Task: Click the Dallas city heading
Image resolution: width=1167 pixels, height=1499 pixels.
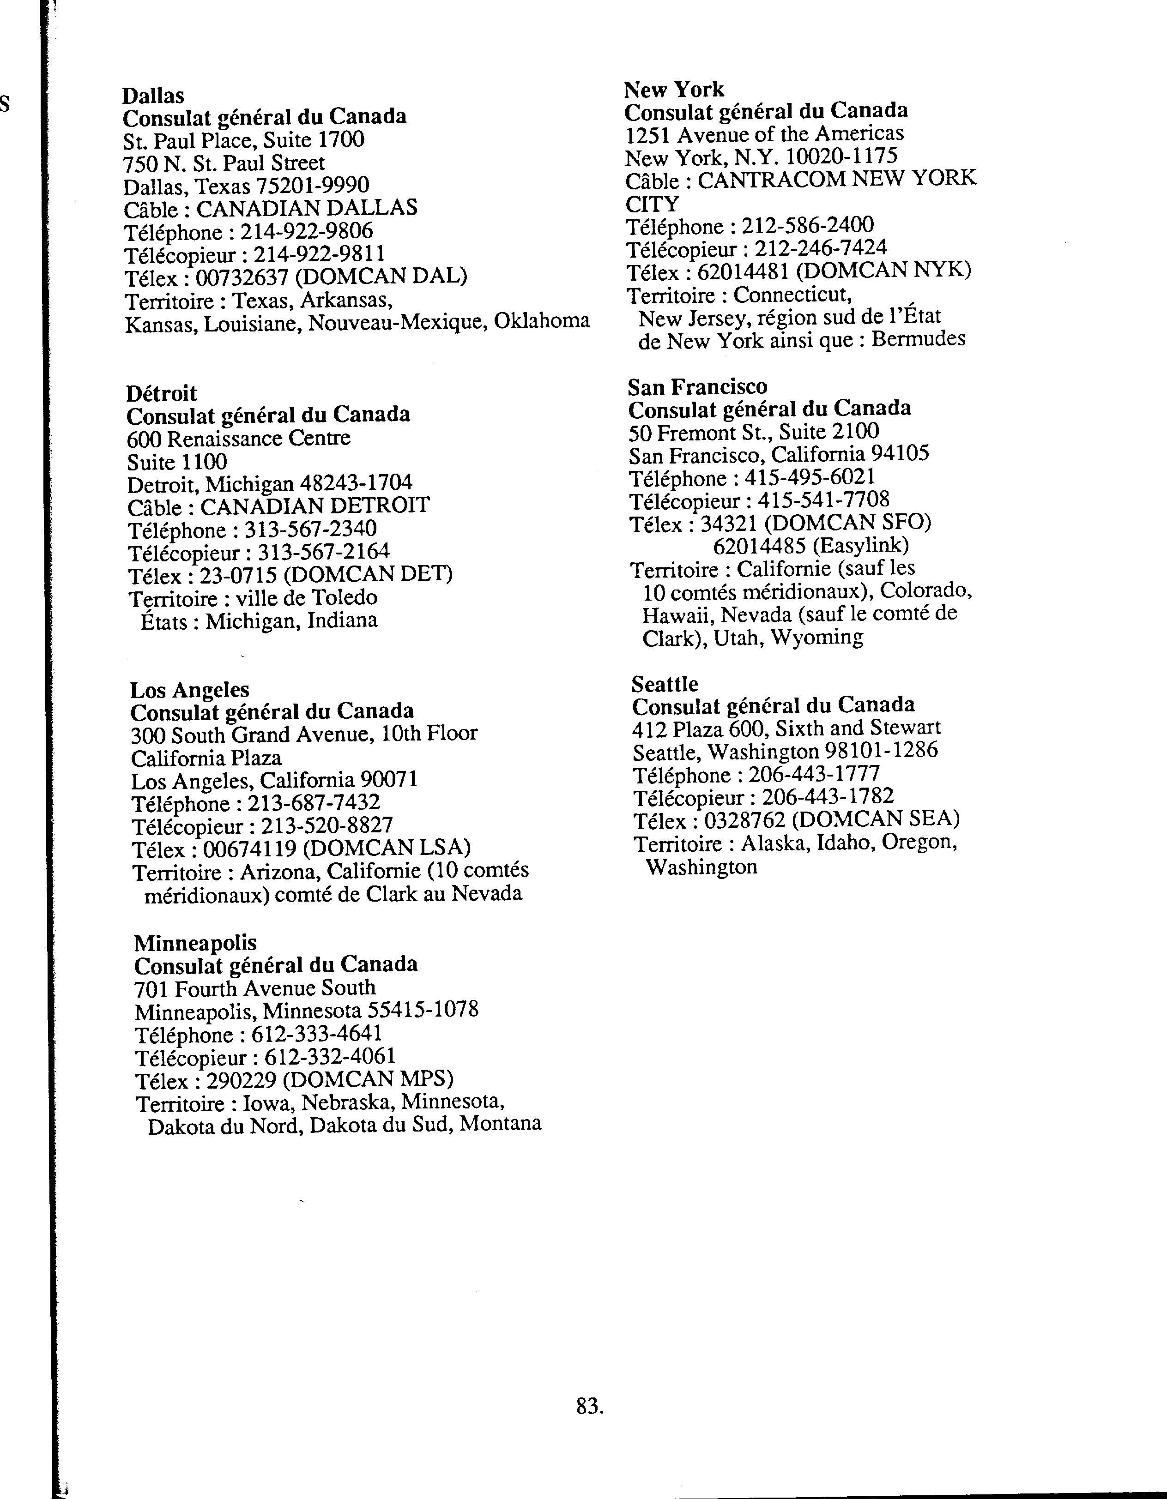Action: coord(153,96)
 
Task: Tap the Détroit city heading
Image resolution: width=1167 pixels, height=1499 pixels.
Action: coord(161,393)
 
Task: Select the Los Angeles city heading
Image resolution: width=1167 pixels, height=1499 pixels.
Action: coord(189,689)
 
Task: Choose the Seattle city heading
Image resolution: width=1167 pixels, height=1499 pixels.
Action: coord(665,684)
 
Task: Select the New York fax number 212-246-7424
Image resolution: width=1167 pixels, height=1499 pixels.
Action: coord(820,248)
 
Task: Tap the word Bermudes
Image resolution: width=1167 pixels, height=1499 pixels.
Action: coord(919,339)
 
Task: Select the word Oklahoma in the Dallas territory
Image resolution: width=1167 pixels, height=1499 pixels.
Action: coord(542,320)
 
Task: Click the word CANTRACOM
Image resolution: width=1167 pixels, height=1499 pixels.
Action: coord(772,179)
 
